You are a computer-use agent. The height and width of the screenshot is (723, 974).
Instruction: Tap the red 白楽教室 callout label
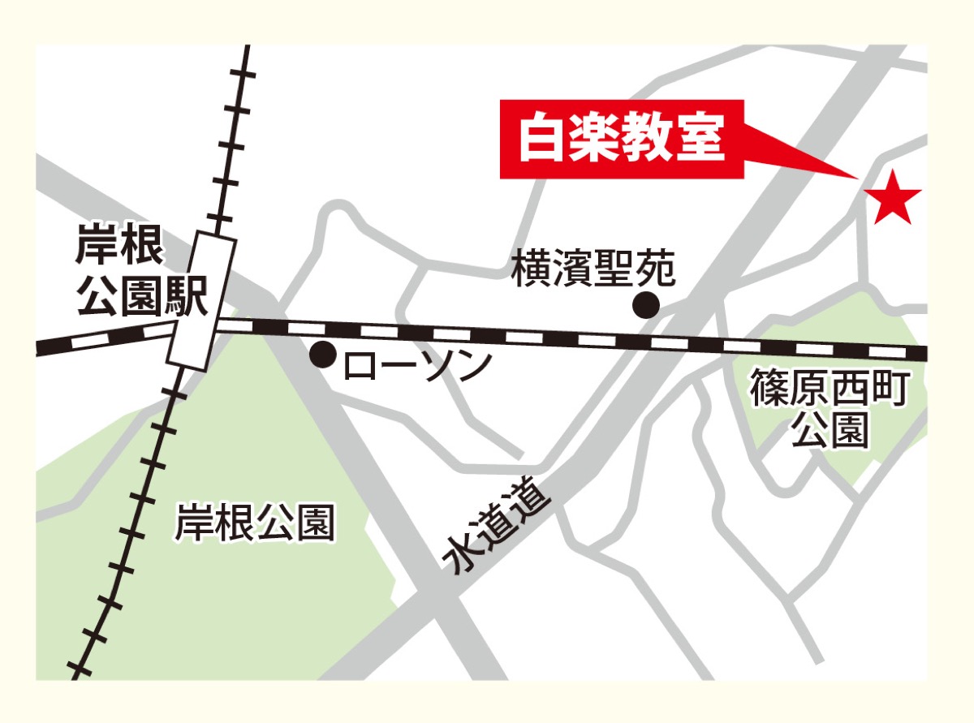click(x=621, y=139)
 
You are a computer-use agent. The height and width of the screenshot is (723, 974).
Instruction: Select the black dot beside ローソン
click(x=323, y=355)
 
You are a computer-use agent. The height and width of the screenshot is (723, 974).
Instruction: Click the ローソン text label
click(x=417, y=366)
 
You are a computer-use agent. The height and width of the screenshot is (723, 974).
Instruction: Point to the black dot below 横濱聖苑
click(x=646, y=305)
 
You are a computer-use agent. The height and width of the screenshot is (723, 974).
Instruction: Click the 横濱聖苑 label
click(x=593, y=269)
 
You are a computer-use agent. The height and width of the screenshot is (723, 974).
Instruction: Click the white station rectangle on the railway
click(x=201, y=301)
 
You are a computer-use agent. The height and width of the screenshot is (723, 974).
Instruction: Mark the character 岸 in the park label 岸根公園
click(x=193, y=523)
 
